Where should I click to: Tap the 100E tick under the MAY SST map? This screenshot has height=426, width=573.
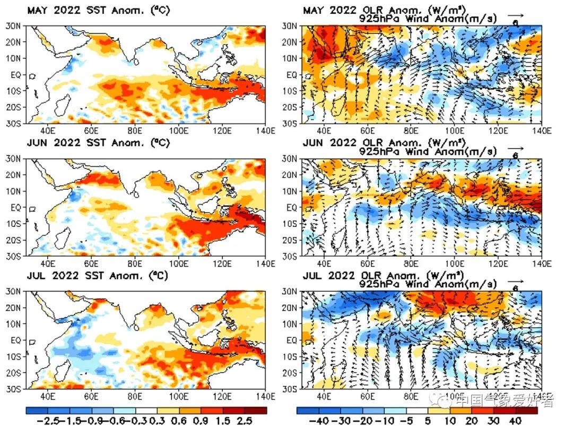point(178,131)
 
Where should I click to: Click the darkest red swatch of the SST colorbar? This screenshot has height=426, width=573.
point(254,411)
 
